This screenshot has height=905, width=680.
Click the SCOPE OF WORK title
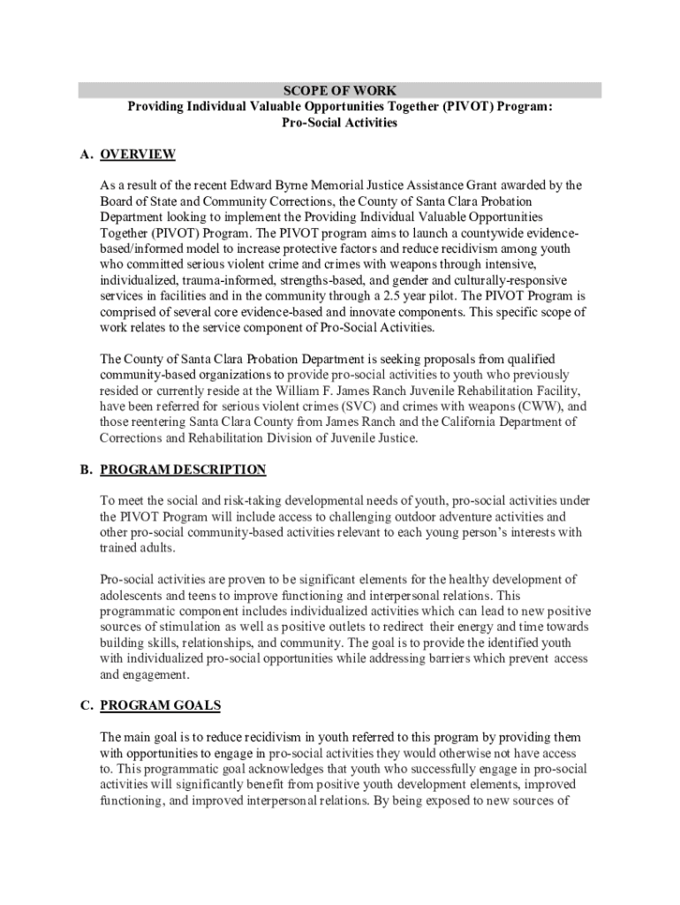coord(339,90)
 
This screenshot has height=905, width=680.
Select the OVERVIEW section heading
coord(138,155)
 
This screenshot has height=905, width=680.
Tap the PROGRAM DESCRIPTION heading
coord(183,469)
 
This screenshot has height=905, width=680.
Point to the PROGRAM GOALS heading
coord(161,705)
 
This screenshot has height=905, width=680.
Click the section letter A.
coord(85,155)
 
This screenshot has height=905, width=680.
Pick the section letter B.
coord(85,469)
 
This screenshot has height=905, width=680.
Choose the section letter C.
coord(85,705)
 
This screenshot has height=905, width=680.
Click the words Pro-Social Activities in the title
coord(339,123)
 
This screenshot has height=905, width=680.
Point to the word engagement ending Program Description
coord(156,674)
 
